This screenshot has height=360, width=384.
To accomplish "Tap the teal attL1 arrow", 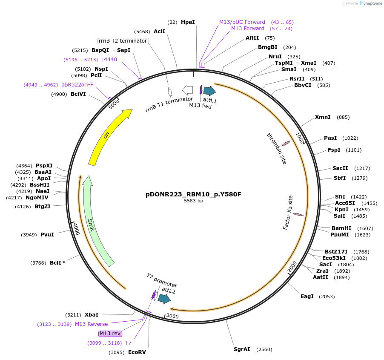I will pyautogui.click(x=209, y=90).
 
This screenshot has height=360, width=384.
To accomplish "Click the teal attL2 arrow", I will pyautogui.click(x=164, y=299).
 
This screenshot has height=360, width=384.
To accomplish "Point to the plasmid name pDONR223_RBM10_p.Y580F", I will pyautogui.click(x=193, y=194).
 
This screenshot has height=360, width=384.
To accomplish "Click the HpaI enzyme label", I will pyautogui.click(x=188, y=22).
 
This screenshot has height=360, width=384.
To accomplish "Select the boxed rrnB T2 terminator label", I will pyautogui.click(x=123, y=41).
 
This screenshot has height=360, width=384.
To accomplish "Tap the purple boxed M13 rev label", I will pyautogui.click(x=110, y=334).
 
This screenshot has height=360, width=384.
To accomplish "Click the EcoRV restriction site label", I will pyautogui.click(x=137, y=352).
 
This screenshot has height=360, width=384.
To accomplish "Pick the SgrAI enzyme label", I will pyautogui.click(x=242, y=349).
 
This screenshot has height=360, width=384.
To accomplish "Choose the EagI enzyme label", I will pyautogui.click(x=307, y=297).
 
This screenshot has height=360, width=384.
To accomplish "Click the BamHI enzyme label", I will pyautogui.click(x=341, y=228).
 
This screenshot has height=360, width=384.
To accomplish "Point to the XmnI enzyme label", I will pyautogui.click(x=323, y=117).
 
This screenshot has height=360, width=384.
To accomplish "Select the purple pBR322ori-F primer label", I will pyautogui.click(x=77, y=85).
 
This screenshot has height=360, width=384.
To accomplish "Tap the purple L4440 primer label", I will pyautogui.click(x=109, y=60).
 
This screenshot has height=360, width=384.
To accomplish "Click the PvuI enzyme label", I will pyautogui.click(x=47, y=235).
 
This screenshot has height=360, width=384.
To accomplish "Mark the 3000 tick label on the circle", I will pyautogui.click(x=172, y=316).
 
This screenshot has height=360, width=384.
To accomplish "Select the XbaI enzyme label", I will pyautogui.click(x=92, y=315).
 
